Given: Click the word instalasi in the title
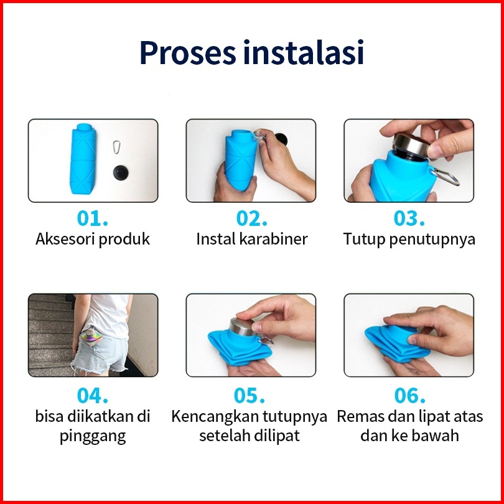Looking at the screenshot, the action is [x=304, y=52].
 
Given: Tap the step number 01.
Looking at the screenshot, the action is [x=93, y=218].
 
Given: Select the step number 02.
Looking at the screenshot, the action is [x=251, y=218].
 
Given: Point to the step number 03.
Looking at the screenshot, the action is [x=409, y=218].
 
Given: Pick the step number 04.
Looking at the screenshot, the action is [x=93, y=395].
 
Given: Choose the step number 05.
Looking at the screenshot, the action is [x=250, y=395].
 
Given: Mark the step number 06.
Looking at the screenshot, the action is [x=410, y=395].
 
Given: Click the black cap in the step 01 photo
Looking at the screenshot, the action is [x=121, y=172].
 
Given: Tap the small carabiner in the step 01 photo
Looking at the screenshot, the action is [x=117, y=147].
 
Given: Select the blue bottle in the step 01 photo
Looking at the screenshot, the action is [x=83, y=159].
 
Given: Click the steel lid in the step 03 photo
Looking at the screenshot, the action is [x=411, y=145].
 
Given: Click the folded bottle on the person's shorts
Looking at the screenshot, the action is [x=91, y=336].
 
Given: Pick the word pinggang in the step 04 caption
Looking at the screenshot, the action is [x=93, y=437].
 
